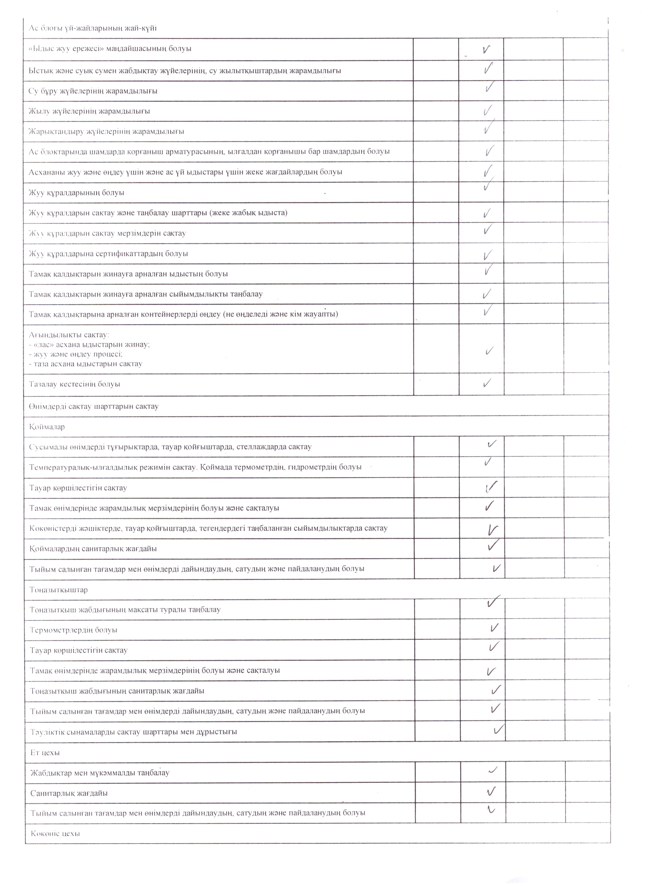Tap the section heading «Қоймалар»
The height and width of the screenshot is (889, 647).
point(47,427)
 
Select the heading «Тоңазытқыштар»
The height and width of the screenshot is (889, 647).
point(59,590)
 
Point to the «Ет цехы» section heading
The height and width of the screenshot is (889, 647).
point(45,752)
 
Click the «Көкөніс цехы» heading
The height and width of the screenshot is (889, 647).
point(55,833)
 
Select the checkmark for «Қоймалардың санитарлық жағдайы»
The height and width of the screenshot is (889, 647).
point(493,545)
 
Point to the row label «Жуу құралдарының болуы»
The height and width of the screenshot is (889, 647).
point(77,193)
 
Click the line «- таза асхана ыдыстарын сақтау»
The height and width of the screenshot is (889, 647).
point(85,364)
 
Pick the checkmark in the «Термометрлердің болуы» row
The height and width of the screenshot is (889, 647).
point(494,628)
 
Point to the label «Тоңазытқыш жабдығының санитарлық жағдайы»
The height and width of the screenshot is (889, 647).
point(117,691)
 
